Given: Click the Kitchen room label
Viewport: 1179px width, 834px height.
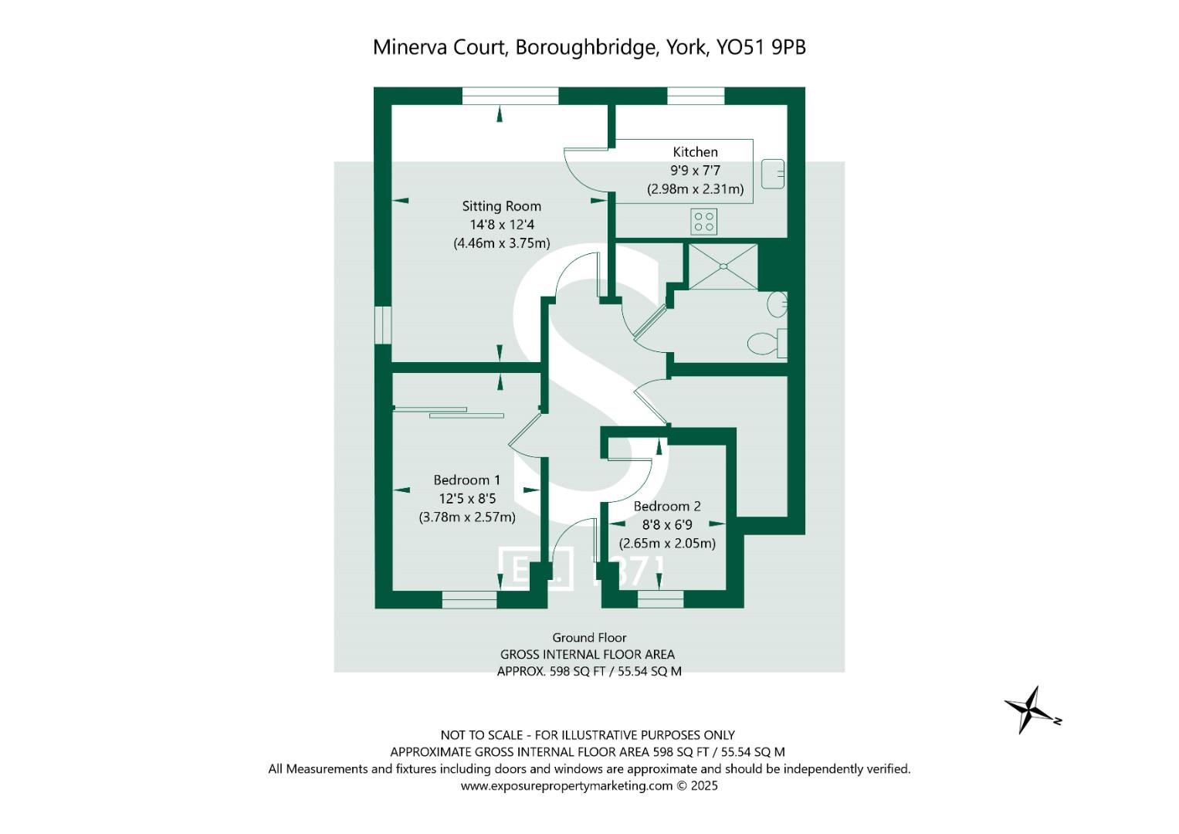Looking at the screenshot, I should [695, 152].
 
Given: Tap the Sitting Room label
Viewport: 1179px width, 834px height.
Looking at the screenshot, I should [501, 206].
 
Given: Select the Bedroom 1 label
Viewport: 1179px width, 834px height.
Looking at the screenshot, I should [466, 480].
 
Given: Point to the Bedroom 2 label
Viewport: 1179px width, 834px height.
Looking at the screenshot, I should [666, 507].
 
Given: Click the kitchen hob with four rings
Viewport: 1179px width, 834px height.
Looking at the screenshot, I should [704, 222].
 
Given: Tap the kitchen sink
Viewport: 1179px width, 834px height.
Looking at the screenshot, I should [772, 174].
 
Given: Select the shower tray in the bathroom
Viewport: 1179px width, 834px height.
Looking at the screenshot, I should [723, 266].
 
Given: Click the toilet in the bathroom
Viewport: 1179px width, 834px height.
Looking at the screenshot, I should [767, 343].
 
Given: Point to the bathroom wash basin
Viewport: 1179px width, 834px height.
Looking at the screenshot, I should [778, 304].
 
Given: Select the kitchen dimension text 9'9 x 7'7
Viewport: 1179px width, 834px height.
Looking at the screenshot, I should [695, 171].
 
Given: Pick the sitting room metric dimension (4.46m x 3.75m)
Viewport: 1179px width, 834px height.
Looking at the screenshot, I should [501, 243].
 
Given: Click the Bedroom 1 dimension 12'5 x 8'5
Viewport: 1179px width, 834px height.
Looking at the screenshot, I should [466, 499].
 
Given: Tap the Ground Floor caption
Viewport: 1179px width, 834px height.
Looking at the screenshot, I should [589, 638].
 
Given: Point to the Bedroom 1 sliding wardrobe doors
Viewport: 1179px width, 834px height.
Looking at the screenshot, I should [448, 412].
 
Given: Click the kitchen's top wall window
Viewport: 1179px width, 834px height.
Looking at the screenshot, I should [696, 96].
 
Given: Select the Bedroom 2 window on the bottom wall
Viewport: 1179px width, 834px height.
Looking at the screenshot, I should [660, 599].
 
